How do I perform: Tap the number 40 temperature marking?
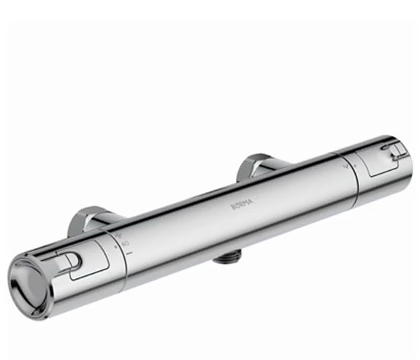click(x=124, y=242)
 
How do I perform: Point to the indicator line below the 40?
click(x=129, y=253)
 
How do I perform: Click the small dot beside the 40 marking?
click(x=116, y=246)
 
